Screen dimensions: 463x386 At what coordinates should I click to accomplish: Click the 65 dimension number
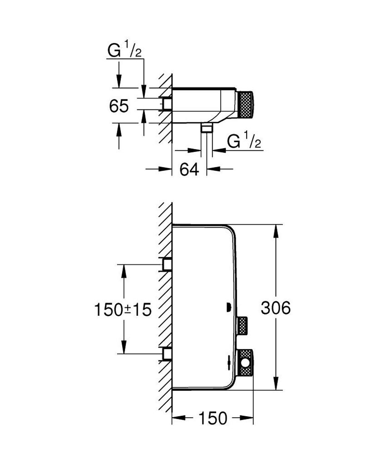(x=119, y=106)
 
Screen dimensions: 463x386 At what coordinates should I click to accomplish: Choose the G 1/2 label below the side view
(x=244, y=142)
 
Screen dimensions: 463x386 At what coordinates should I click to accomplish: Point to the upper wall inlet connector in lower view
(x=166, y=264)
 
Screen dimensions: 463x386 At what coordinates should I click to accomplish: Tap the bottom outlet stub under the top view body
(x=207, y=128)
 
